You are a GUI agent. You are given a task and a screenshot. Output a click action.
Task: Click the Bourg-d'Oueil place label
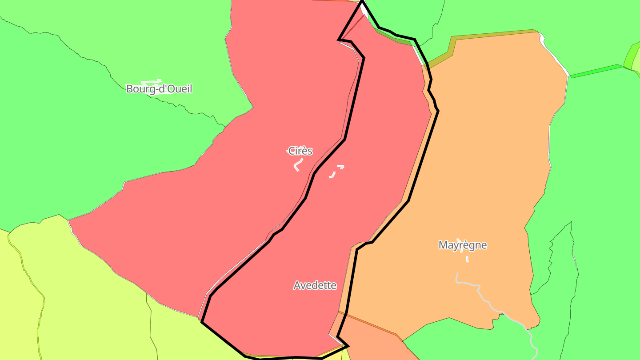[159, 88]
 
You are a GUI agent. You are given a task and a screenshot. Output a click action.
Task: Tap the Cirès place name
[300, 151]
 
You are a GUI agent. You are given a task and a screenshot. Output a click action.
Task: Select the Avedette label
[315, 285]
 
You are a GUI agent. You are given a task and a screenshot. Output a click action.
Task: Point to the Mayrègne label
[463, 245]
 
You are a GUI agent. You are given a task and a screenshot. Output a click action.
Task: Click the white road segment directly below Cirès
[297, 165]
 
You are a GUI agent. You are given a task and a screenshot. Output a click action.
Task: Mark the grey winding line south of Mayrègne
[489, 302]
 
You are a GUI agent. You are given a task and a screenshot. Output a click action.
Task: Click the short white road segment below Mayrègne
[467, 259]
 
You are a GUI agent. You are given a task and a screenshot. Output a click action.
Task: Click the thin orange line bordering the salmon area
[369, 323]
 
